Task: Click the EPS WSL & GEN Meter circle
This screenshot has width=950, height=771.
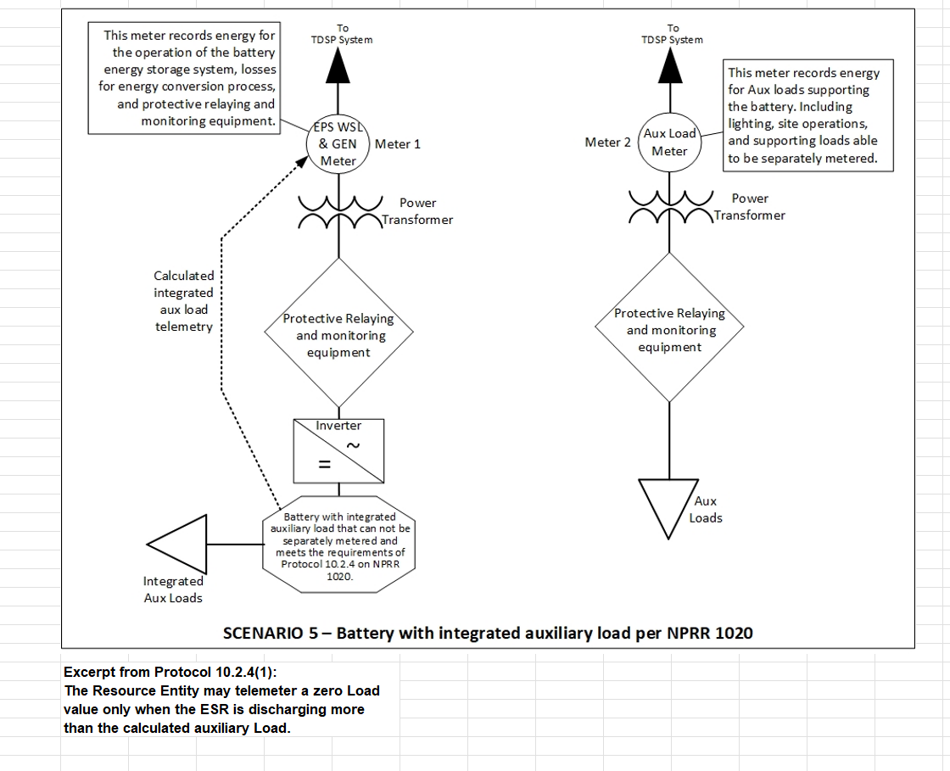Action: (x=338, y=144)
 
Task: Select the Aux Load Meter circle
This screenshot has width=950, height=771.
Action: (x=669, y=142)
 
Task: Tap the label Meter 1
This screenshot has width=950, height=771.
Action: (x=398, y=144)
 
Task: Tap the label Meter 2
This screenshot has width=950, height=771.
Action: (x=607, y=142)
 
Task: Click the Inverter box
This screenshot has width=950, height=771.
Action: (x=338, y=450)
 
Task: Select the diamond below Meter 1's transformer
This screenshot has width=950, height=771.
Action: (x=338, y=335)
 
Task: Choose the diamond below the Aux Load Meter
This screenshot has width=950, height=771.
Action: (x=669, y=330)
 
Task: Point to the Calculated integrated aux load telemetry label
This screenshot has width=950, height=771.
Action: (x=183, y=301)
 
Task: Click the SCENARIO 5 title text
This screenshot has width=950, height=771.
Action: (x=488, y=633)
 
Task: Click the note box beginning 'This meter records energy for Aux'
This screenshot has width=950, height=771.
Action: (x=807, y=115)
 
